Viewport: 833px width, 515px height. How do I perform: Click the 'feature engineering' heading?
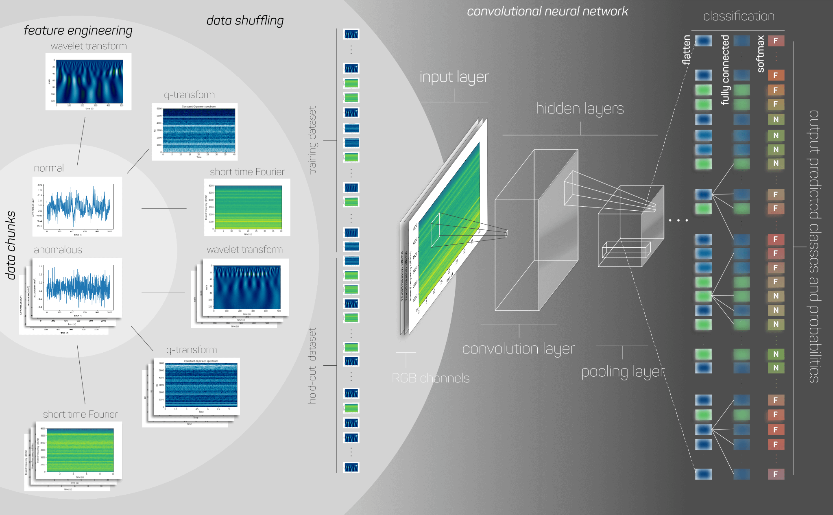click(x=78, y=31)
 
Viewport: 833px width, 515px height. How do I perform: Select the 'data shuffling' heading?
click(x=245, y=20)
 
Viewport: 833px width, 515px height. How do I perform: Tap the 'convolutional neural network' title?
click(x=547, y=11)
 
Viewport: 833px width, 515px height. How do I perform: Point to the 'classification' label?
click(x=739, y=16)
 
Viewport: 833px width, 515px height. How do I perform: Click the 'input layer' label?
click(x=454, y=77)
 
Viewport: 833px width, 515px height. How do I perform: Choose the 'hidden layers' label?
click(x=580, y=109)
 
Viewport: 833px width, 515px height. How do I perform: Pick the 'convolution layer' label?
click(x=519, y=349)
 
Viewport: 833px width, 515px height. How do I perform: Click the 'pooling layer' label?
click(x=623, y=372)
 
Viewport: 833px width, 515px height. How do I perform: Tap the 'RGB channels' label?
click(x=430, y=378)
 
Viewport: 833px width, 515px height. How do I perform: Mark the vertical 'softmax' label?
click(x=760, y=54)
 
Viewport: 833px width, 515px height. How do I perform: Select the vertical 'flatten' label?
click(x=687, y=50)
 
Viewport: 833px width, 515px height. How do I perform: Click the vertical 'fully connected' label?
click(x=725, y=70)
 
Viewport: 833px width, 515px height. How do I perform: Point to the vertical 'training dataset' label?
click(x=312, y=140)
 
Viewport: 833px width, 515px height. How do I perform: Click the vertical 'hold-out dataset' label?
click(x=312, y=366)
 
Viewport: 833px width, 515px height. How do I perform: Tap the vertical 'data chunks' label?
click(x=11, y=245)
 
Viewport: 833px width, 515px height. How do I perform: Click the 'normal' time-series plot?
click(x=77, y=207)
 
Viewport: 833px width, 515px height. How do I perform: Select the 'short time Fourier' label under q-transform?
click(x=247, y=172)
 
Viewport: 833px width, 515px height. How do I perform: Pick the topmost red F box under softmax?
click(x=776, y=41)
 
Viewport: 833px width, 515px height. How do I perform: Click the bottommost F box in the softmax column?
click(x=776, y=474)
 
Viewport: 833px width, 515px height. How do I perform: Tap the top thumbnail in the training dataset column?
click(x=351, y=34)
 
